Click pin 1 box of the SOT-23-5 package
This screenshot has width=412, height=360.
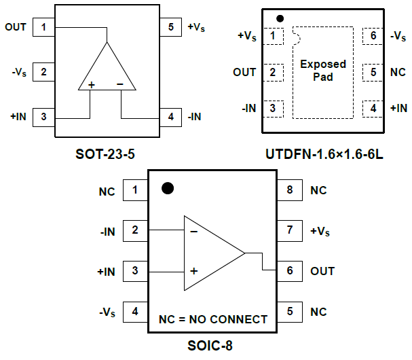[43, 28]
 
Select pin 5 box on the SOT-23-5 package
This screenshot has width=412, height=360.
[171, 28]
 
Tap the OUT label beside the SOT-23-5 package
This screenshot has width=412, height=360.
[16, 28]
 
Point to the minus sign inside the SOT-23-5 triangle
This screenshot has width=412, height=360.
[119, 84]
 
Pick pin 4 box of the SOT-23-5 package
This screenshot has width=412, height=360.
[171, 117]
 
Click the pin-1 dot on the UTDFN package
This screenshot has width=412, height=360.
[280, 18]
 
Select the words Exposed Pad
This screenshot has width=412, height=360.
[323, 71]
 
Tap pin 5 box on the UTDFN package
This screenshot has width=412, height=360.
[373, 71]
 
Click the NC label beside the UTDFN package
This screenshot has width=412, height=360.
[397, 71]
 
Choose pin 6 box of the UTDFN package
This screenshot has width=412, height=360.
[373, 35]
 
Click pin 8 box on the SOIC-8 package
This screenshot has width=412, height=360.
[290, 190]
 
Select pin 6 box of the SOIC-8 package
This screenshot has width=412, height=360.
[290, 271]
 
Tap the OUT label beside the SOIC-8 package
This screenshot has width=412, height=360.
[322, 271]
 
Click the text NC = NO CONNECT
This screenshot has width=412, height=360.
[213, 319]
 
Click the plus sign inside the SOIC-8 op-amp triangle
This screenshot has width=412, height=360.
[193, 270]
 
